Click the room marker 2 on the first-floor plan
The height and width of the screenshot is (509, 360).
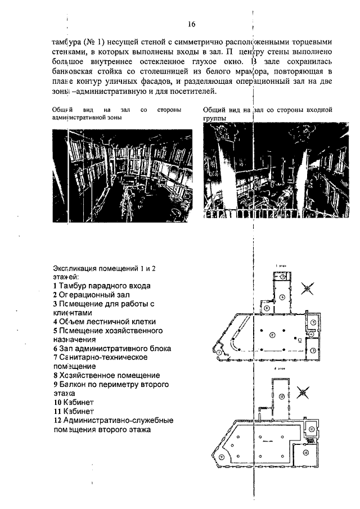[272, 335]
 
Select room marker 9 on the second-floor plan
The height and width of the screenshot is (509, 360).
[221, 457]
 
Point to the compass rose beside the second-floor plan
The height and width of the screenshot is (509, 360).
[306, 391]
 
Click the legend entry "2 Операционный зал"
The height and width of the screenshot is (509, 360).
[92, 295]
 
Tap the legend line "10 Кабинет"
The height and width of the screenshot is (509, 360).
[73, 402]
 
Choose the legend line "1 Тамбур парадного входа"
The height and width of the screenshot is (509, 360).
[102, 286]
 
